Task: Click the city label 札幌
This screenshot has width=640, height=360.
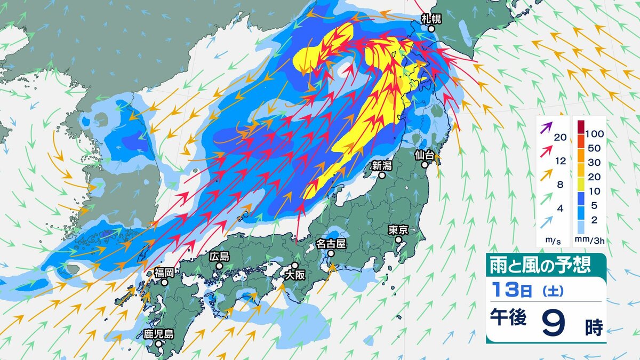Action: pos(431,19)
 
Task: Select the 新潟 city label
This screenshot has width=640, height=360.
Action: pos(382,165)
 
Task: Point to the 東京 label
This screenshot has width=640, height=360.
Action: pos(398,230)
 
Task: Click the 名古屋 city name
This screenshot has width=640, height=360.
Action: pos(331,244)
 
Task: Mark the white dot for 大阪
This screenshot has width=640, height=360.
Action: pos(294,266)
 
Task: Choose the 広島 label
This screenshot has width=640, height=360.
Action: pos(219,256)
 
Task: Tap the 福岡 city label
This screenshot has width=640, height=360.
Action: pos(164,273)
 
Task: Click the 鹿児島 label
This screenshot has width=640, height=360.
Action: pos(159,334)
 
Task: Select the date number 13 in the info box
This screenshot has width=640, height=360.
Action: pos(504,291)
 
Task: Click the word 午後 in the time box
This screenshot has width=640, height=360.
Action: pos(509,318)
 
